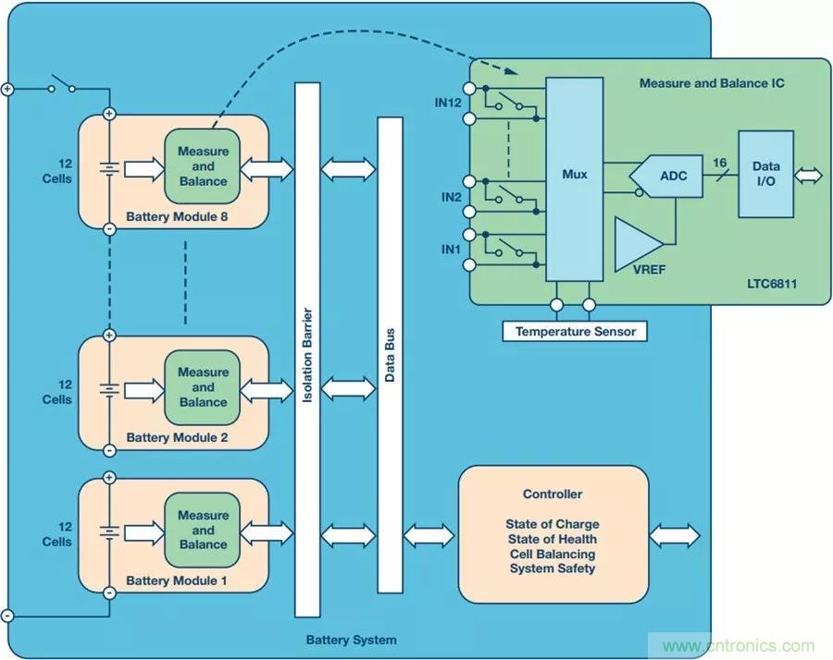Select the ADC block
coord(672,175)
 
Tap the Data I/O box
coord(765,174)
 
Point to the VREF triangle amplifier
coord(638,242)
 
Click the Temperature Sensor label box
coord(575,331)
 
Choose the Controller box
coord(553,533)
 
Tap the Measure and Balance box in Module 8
coord(203,166)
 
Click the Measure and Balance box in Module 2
coord(203,387)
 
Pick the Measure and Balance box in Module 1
coord(203,530)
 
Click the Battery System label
coord(351,640)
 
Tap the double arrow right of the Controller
coord(675,535)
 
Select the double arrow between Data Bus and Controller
coord(429,535)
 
